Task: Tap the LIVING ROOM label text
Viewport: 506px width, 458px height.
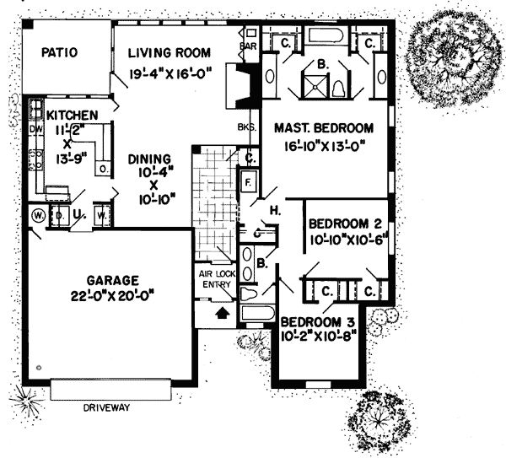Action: [x=169, y=53]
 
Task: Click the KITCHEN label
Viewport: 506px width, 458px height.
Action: [x=72, y=115]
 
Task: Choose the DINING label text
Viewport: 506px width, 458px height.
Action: [x=150, y=159]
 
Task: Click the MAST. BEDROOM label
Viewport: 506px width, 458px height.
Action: [x=325, y=128]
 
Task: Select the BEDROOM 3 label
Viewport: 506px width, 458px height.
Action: [x=318, y=321]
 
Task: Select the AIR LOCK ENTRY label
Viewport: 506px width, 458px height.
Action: [x=215, y=278]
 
